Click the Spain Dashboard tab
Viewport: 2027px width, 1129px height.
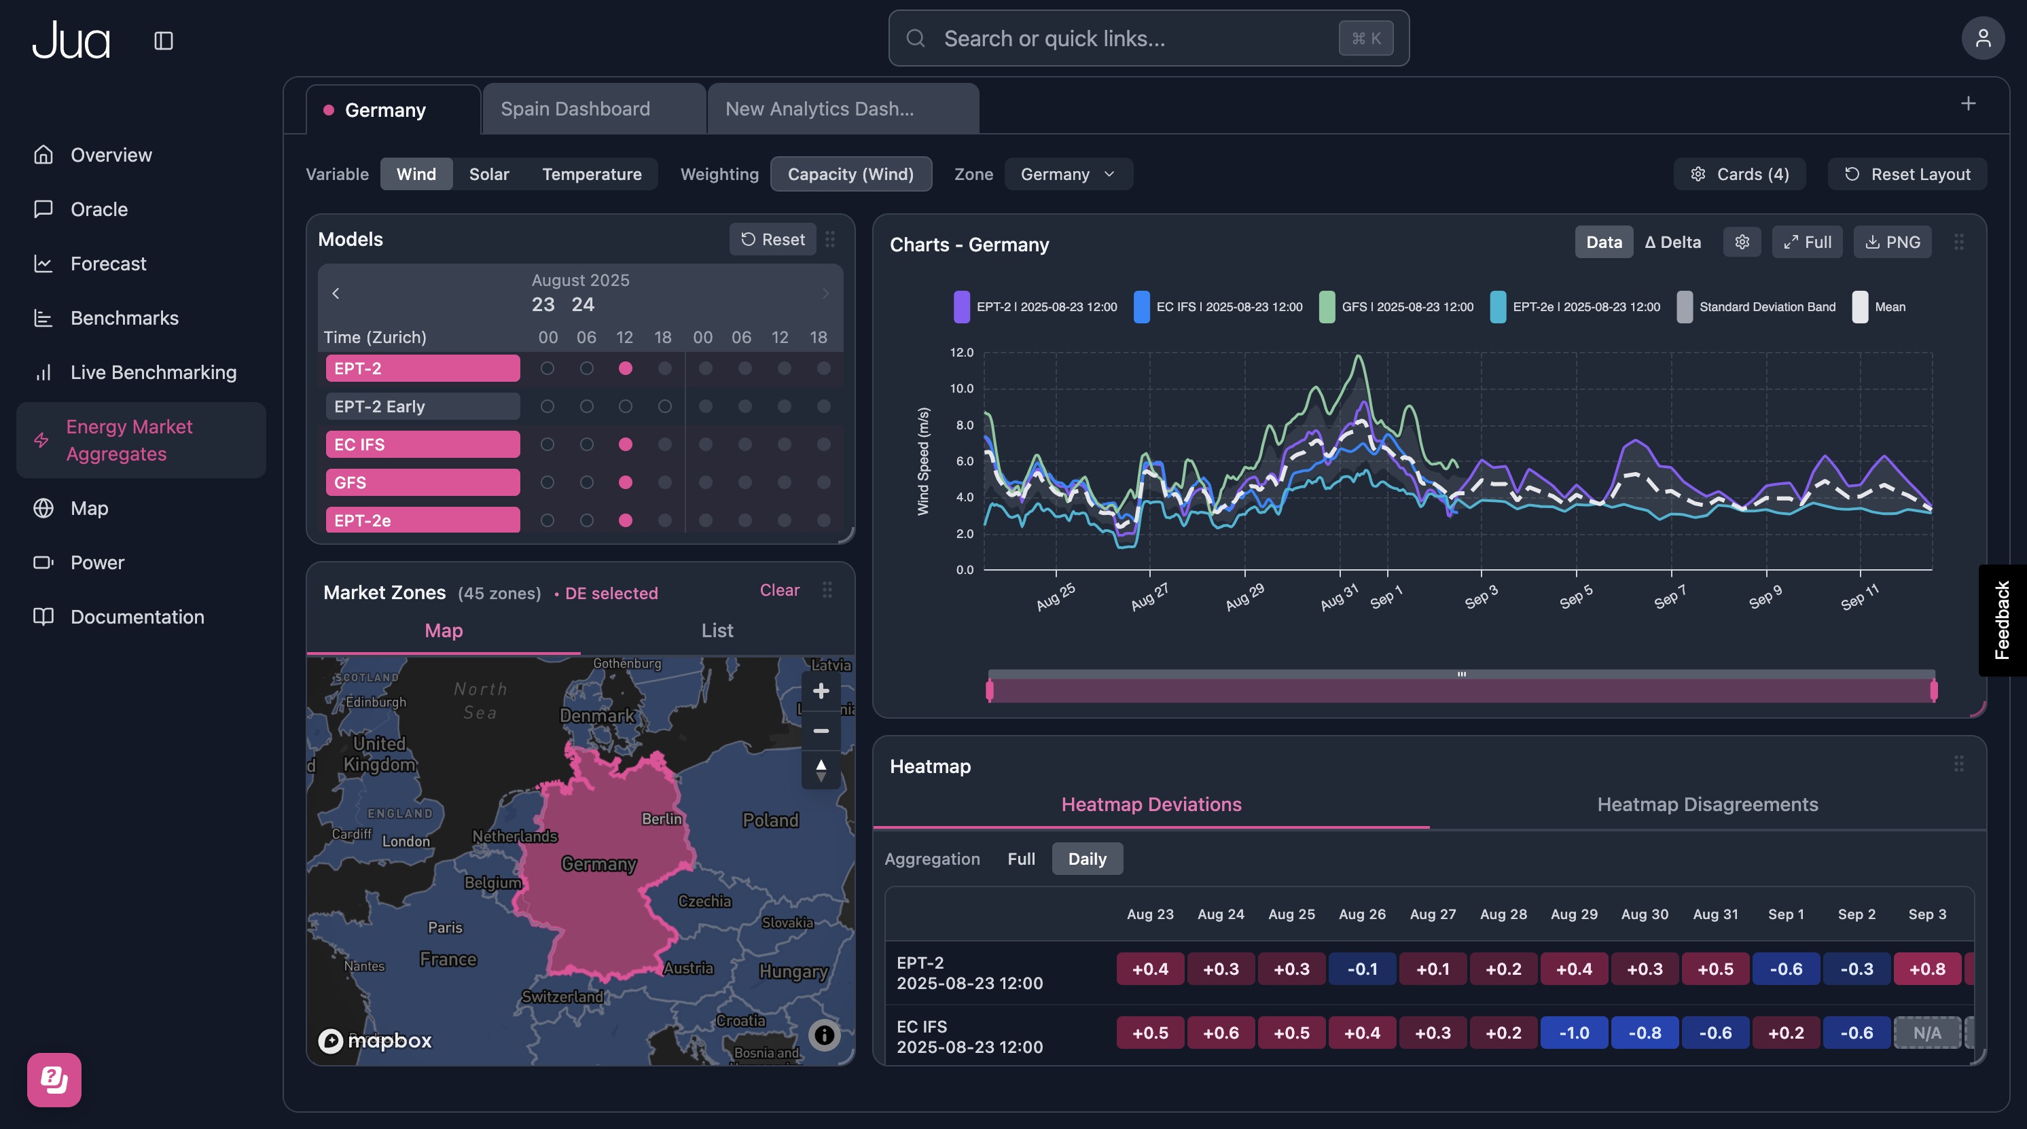point(575,109)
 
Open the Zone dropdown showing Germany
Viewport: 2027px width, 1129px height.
point(1068,174)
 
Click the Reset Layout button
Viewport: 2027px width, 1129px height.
point(1907,174)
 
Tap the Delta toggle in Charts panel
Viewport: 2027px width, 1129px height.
point(1672,243)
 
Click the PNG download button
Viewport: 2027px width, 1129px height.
point(1893,243)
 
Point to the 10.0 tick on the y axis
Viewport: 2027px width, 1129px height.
point(962,389)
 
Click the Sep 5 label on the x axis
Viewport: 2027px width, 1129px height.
point(1575,596)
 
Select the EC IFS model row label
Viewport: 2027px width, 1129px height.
point(423,444)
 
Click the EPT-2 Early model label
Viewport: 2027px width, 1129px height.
point(423,407)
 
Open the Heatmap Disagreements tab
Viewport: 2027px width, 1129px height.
point(1707,804)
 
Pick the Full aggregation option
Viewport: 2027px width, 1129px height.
point(1020,859)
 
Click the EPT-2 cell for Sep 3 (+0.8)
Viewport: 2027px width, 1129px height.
point(1926,969)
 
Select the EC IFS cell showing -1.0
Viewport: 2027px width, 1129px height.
point(1574,1033)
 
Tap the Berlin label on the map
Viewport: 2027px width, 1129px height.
point(661,819)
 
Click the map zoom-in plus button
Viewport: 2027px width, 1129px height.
point(821,691)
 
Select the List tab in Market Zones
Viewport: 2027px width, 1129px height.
point(717,630)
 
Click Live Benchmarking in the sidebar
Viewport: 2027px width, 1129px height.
point(153,372)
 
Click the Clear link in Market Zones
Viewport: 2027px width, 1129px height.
point(779,590)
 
